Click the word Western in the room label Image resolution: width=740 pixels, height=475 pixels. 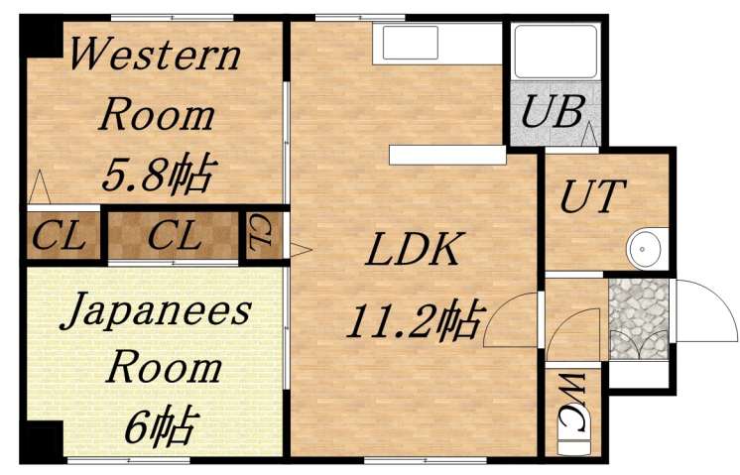click(x=156, y=55)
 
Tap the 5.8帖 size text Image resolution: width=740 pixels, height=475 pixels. click(x=156, y=177)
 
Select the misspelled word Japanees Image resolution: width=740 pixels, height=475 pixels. click(x=157, y=312)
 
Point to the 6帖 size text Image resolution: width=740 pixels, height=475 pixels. click(x=158, y=427)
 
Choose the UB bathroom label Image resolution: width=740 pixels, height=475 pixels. click(x=553, y=112)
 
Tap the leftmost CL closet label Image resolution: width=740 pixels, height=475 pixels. click(x=60, y=237)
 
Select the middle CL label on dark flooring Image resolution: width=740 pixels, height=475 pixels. click(x=174, y=237)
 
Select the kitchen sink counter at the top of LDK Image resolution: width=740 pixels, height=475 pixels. click(x=436, y=45)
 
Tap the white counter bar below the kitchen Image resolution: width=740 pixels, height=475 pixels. click(x=447, y=155)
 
